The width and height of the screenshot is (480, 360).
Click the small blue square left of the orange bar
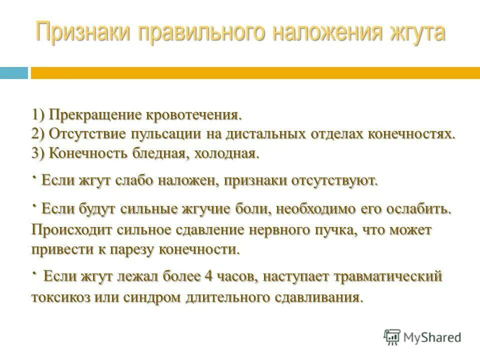click(13, 73)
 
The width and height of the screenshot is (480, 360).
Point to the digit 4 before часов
click(208, 276)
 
